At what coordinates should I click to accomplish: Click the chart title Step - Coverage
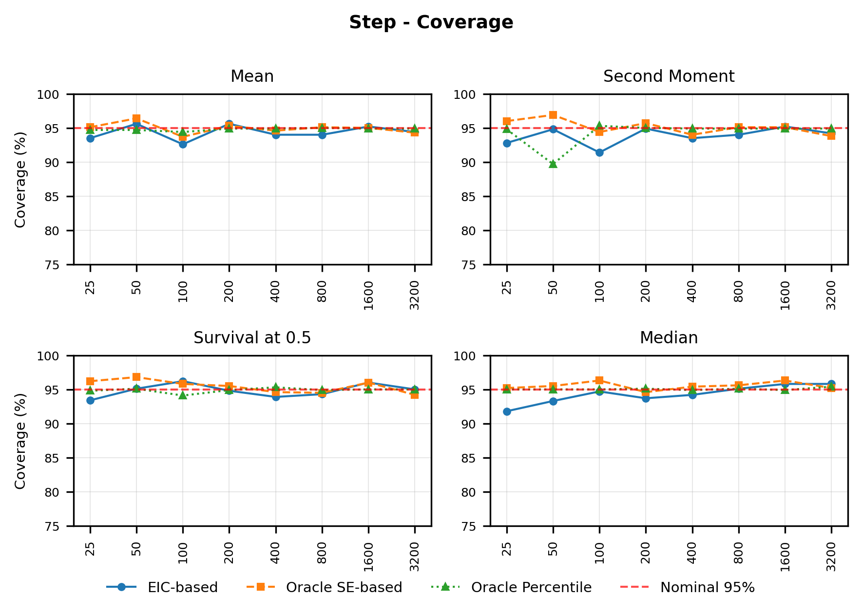431,22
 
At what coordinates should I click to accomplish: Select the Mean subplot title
252,76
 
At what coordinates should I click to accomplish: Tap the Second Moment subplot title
669,76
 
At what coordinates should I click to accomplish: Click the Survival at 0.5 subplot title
252,337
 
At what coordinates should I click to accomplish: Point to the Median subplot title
669,337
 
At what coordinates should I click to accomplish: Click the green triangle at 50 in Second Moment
553,164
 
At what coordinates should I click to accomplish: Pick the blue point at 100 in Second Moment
599,152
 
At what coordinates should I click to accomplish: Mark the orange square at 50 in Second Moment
553,115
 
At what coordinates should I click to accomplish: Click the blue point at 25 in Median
507,411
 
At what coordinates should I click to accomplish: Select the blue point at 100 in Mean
183,144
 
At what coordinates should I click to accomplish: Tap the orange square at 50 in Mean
136,118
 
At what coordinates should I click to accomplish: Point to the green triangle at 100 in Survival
183,395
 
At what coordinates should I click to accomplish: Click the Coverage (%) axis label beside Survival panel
20,441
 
